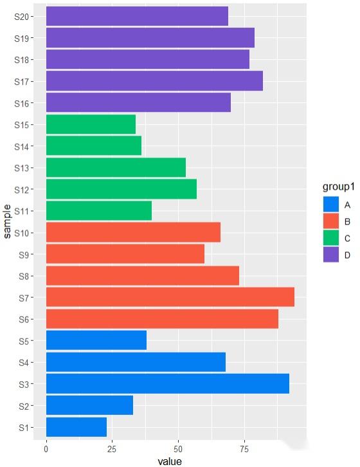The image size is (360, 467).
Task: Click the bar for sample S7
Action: pos(170,297)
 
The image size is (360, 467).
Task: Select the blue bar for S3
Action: pos(167,383)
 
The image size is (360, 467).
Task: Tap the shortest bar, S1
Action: pos(76,426)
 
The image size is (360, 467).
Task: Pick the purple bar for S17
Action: pos(154,81)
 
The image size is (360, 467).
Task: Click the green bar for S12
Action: pos(121,189)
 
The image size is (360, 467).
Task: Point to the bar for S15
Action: pos(91,124)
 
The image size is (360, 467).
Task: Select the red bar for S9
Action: pos(125,254)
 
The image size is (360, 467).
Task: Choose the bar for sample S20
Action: pos(137,16)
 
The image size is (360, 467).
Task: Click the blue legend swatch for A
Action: pos(330,205)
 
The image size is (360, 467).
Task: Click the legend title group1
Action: pos(339,187)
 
